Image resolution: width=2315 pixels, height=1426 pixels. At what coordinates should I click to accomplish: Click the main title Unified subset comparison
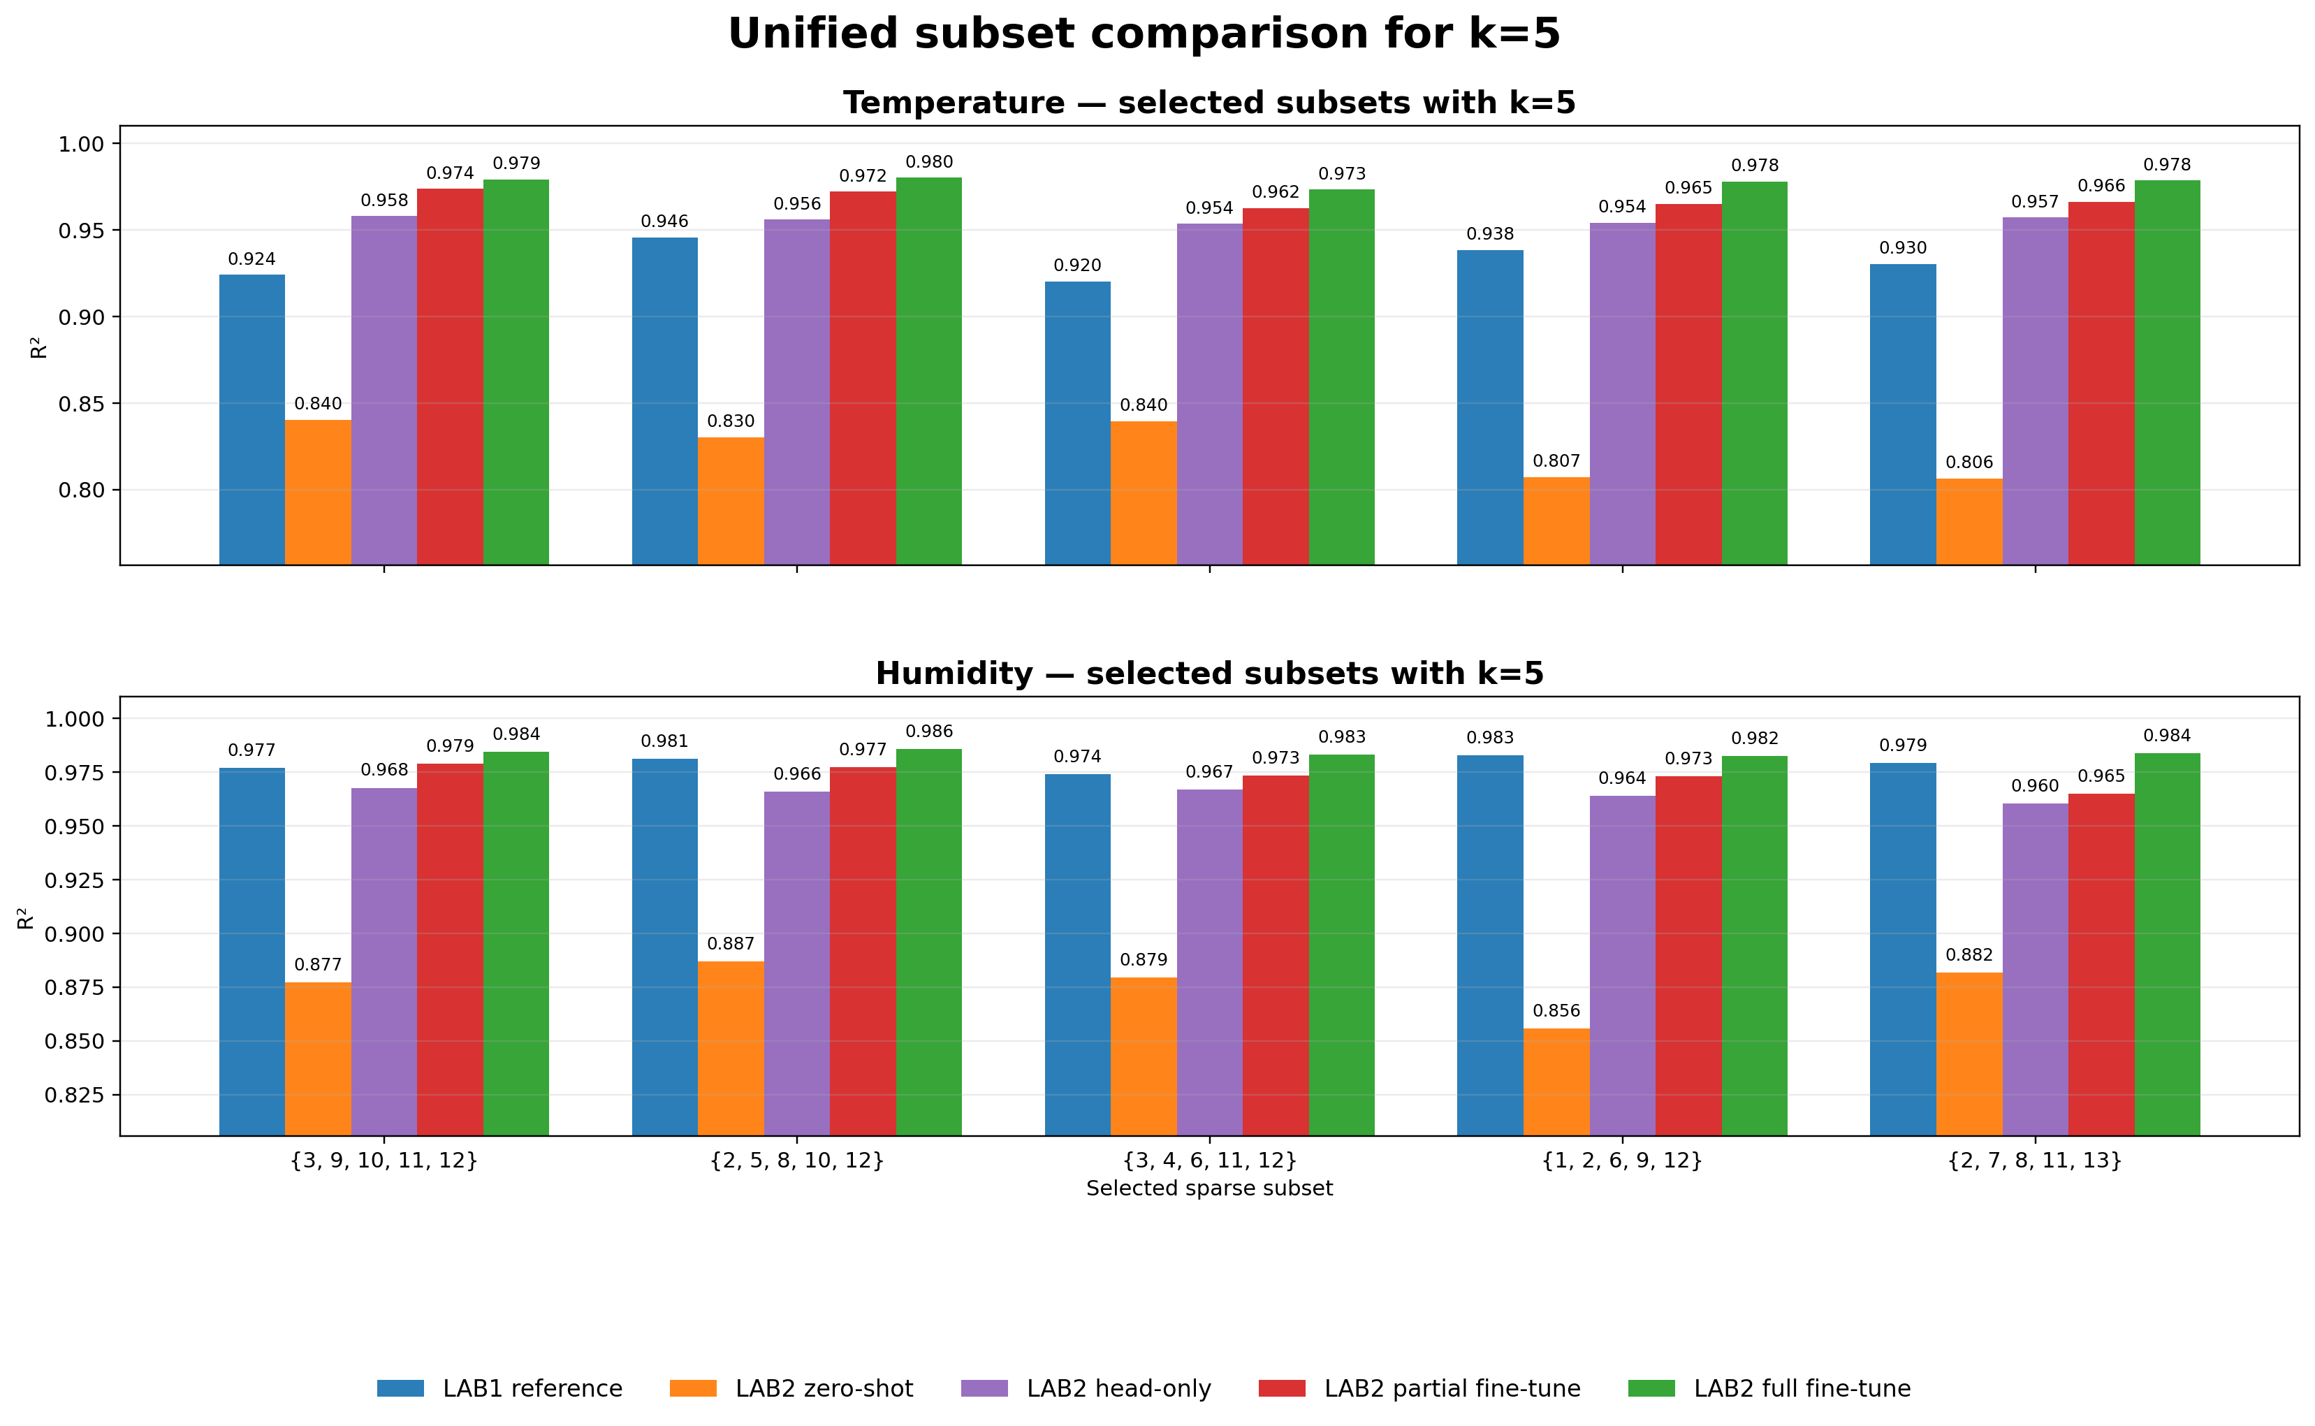1144,34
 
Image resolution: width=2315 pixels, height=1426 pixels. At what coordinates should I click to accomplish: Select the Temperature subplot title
1209,103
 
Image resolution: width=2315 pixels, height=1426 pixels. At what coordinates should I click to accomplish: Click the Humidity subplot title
1209,674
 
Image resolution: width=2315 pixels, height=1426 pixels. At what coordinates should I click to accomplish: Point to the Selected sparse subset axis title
1209,1188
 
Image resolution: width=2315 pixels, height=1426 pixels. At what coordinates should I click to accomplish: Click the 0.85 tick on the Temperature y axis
81,404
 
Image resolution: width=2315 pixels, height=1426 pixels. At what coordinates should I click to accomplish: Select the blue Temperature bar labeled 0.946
665,401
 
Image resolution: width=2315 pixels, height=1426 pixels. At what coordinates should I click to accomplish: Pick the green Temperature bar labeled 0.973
1341,377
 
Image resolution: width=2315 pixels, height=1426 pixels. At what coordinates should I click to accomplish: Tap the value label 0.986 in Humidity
929,732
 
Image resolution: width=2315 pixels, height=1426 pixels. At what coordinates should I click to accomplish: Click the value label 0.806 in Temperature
1969,462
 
